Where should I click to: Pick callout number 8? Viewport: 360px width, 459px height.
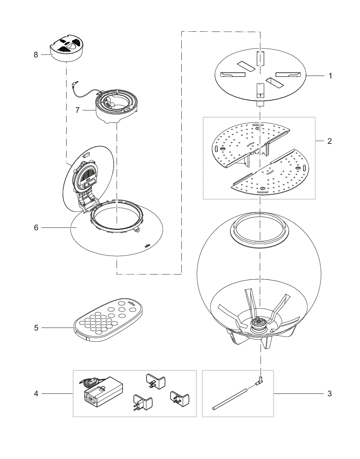36,55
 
